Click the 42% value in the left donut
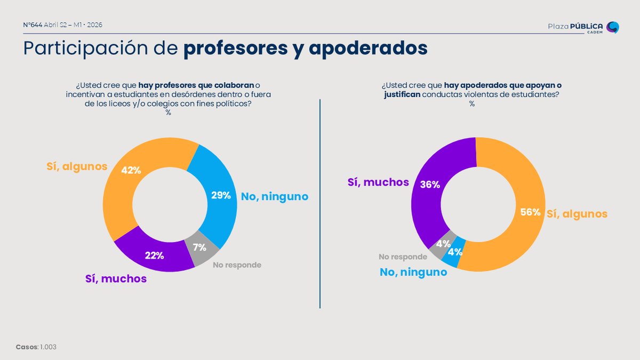click(x=131, y=170)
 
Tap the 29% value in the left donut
click(x=220, y=195)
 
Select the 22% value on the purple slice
click(x=154, y=255)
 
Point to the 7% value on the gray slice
click(x=199, y=247)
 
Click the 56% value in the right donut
click(x=530, y=212)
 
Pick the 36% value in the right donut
click(x=430, y=185)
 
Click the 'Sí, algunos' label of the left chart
click(x=76, y=166)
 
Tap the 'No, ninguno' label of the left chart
click(x=275, y=196)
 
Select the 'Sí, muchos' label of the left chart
click(x=116, y=278)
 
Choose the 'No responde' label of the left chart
click(x=237, y=265)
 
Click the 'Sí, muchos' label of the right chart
click(x=378, y=182)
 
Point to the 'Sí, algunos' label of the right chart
click(x=577, y=214)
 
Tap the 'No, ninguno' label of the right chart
click(x=413, y=272)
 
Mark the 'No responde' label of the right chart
click(x=403, y=257)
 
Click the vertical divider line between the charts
click(x=320, y=203)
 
